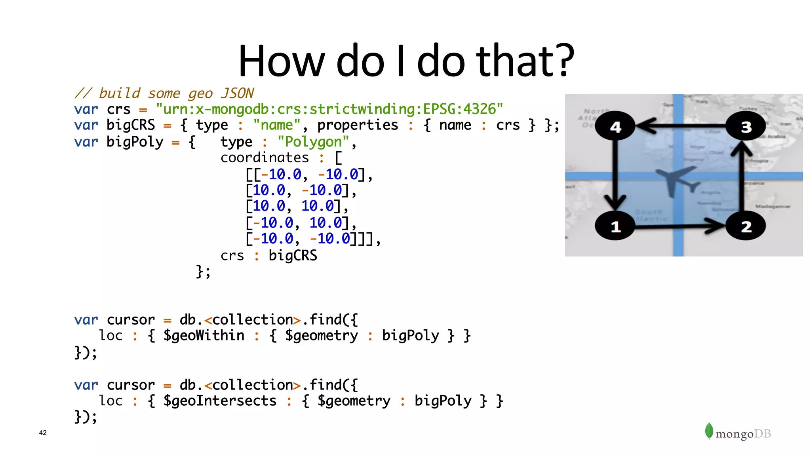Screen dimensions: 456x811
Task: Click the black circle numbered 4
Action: click(615, 126)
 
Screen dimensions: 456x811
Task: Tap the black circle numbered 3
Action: click(746, 126)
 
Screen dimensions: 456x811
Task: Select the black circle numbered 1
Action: click(615, 226)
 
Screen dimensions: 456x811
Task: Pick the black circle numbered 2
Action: click(746, 226)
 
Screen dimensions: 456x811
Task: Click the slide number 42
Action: click(43, 433)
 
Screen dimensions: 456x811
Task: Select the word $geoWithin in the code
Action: click(204, 336)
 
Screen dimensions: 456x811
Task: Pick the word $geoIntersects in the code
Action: click(220, 401)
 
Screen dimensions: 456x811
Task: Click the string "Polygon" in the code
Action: click(313, 142)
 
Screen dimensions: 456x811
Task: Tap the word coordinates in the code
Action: click(265, 158)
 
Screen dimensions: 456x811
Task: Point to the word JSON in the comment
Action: click(237, 93)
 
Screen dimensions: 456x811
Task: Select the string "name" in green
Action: click(277, 125)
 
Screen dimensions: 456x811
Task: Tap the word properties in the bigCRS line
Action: click(357, 125)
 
